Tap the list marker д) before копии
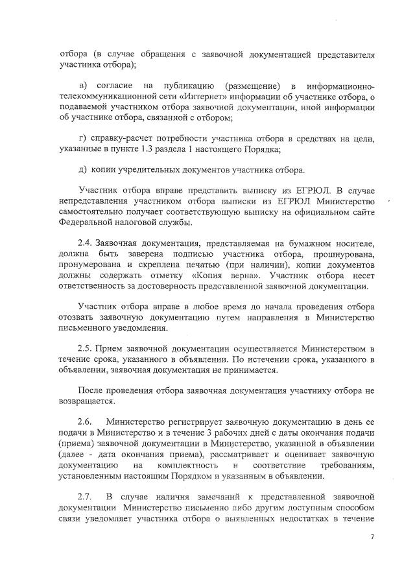(x=82, y=170)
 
